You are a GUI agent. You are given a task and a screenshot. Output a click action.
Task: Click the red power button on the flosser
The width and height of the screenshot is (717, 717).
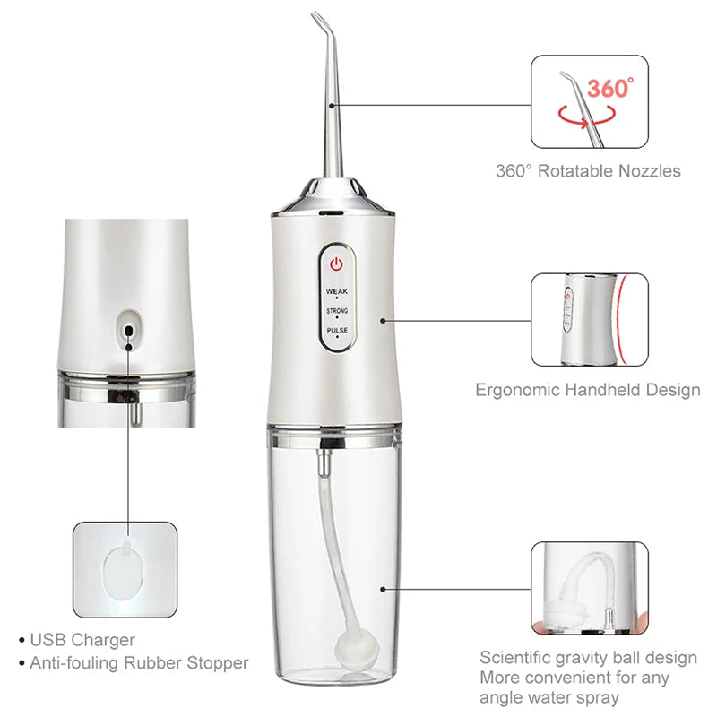336,265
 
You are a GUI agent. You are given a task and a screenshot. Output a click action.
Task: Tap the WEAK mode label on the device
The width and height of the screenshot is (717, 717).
336,291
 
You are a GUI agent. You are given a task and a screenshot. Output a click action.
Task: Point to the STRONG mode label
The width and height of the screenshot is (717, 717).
336,310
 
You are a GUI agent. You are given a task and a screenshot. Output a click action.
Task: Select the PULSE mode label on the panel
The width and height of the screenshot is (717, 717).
336,330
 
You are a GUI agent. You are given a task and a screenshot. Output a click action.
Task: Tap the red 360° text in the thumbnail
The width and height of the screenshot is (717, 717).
610,88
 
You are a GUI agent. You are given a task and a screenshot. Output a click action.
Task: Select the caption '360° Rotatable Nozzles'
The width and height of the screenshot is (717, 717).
588,170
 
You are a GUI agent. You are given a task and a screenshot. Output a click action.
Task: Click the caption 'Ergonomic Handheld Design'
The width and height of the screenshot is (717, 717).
587,390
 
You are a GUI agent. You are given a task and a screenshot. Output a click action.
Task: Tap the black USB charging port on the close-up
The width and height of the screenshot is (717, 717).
129,330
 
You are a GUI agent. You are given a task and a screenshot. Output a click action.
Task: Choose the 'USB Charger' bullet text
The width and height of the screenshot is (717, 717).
82,640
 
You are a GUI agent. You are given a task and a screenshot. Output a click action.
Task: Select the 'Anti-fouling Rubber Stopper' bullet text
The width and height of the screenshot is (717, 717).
139,663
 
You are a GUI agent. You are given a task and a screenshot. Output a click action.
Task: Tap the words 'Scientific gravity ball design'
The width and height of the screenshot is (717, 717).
588,658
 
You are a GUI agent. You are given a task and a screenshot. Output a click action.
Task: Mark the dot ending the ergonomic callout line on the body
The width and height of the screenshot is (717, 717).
383,319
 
